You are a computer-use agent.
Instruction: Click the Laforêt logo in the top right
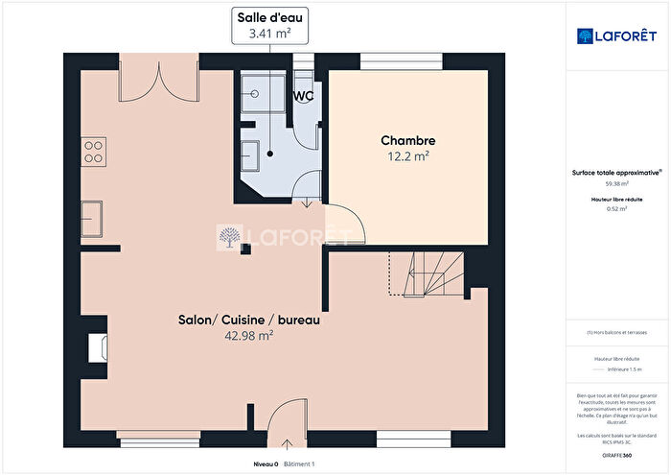617,36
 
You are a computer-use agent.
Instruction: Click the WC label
304,96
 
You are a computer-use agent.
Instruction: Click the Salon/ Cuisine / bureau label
248,320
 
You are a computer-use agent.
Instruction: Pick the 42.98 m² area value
248,336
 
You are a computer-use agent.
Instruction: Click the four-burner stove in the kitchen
94,150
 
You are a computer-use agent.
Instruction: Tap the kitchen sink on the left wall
93,218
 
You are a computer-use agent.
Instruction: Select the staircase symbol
425,273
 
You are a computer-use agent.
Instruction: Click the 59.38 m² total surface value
616,183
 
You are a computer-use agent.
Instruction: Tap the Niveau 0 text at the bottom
266,463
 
